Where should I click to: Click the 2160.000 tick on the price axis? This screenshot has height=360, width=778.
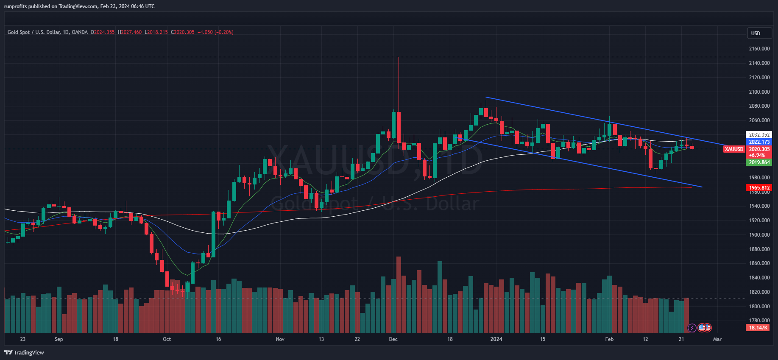pos(759,49)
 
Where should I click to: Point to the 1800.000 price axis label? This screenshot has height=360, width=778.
pos(759,306)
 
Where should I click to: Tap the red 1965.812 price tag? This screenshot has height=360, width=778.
pos(759,188)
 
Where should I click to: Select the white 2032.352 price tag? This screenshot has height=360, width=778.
pos(759,135)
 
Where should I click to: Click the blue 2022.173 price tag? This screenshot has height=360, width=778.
pos(759,142)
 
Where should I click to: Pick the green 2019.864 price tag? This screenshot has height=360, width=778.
pos(759,162)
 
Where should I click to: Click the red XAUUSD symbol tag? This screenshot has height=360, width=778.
pos(734,149)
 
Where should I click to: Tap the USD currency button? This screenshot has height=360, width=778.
pos(756,33)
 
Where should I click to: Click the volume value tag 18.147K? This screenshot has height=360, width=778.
pos(758,328)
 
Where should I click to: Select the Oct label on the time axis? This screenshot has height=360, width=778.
pos(167,339)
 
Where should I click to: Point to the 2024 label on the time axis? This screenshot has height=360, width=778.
pos(496,339)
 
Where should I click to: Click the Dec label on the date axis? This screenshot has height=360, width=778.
pos(393,339)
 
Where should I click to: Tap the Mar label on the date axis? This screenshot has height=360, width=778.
pos(717,339)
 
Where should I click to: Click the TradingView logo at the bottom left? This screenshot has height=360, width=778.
pos(24,352)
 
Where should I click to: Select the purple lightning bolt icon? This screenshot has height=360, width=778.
pos(692,328)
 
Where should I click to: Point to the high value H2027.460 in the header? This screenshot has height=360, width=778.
pos(130,32)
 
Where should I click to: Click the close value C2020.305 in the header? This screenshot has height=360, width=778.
pos(183,32)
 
